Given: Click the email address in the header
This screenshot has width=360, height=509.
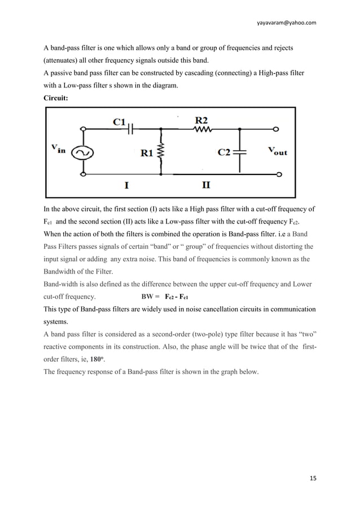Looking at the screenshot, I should pyautogui.click(x=286, y=23).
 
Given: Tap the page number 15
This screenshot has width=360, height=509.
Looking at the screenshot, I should pyautogui.click(x=313, y=479).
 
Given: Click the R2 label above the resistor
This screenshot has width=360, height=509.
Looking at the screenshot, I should pyautogui.click(x=202, y=120).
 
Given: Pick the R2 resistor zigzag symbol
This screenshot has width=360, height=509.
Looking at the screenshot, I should pyautogui.click(x=203, y=129).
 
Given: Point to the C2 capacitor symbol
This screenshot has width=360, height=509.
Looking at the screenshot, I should pyautogui.click(x=241, y=152).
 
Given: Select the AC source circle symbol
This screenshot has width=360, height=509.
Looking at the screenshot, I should pyautogui.click(x=84, y=152).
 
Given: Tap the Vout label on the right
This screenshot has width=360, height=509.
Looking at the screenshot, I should pyautogui.click(x=276, y=151).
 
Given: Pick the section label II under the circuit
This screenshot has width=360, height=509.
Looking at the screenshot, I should pyautogui.click(x=207, y=185).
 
